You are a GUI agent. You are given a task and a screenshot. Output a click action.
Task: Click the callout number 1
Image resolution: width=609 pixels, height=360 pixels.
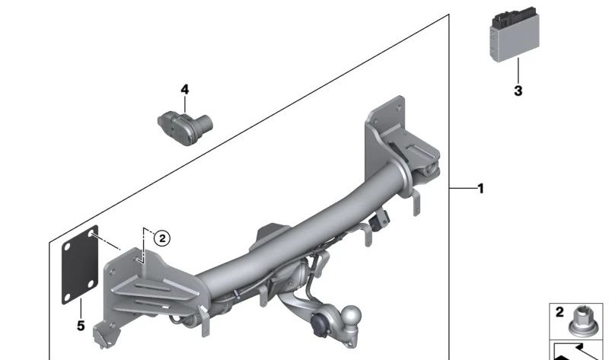point(480,188)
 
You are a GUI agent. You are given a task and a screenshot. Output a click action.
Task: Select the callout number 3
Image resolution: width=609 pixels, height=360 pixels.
point(518,91)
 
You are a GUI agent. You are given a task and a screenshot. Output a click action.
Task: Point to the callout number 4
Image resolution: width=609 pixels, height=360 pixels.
point(184,90)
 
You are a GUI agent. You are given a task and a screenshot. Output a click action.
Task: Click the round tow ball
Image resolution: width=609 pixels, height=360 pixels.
point(353,317)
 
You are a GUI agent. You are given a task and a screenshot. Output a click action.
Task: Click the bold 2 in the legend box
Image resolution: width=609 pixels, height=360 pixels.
point(559,312)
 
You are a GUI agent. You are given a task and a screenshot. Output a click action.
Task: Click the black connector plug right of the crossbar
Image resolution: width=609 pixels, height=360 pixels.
point(380,221)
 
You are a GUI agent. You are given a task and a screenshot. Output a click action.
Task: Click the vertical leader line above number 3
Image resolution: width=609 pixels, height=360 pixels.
point(518,72)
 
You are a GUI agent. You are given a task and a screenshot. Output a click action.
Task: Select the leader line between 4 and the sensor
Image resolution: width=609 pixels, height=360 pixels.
point(184,104)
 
